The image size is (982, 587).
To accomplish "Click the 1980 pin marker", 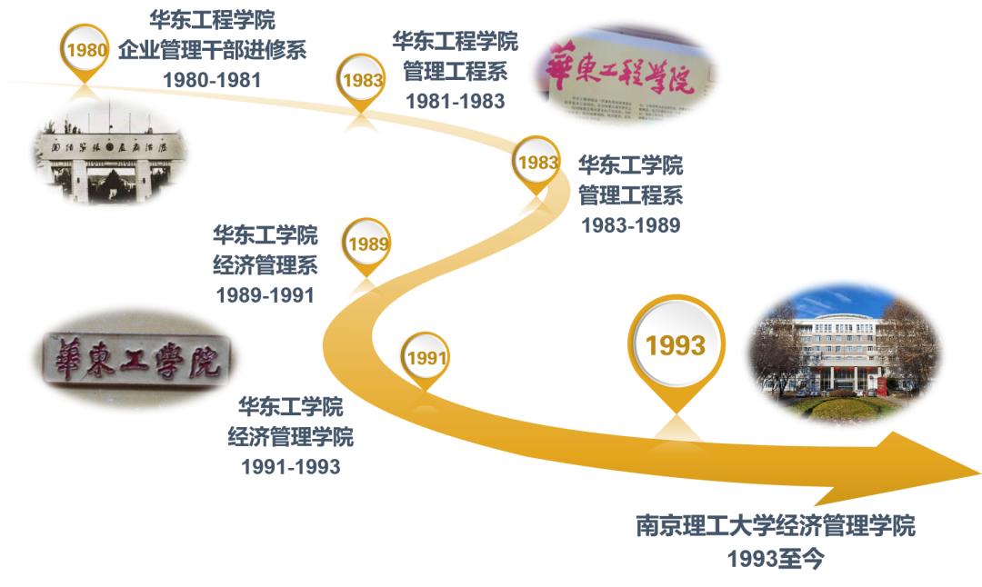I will (x=86, y=51).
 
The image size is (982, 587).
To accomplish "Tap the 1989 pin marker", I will (x=367, y=244).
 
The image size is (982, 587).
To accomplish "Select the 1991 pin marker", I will (x=426, y=358).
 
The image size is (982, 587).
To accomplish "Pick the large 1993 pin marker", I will (x=676, y=345).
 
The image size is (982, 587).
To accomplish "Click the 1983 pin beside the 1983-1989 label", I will (x=537, y=163).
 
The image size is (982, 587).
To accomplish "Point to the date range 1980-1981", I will (x=212, y=80).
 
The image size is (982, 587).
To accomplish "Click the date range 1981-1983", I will (x=455, y=101).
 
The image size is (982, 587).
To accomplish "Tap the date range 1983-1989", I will (x=630, y=224).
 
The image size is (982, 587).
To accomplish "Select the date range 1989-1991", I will (x=265, y=294).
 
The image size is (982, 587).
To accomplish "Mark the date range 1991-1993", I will (x=290, y=467).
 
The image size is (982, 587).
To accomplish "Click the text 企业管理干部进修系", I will (x=212, y=49).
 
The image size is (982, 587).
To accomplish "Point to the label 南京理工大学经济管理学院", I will (x=776, y=526).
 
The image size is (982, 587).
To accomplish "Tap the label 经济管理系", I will (x=265, y=265).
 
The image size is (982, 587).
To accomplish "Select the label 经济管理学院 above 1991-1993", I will (x=290, y=436).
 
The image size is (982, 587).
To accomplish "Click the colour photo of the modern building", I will (x=844, y=353).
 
